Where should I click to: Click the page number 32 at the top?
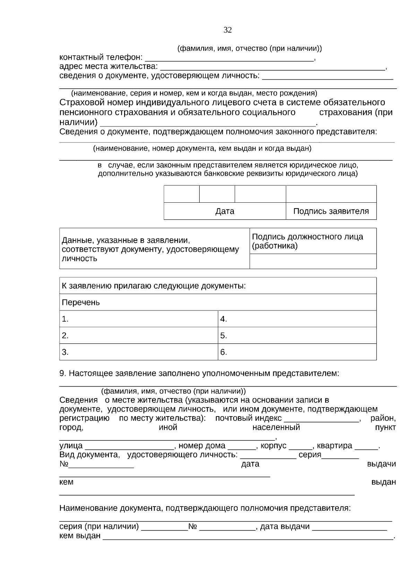point(227,30)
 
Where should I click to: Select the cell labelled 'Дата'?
point(225,211)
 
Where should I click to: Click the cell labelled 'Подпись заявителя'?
point(331,211)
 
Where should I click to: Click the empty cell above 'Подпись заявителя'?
point(331,194)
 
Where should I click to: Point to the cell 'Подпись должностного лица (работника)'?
point(313,241)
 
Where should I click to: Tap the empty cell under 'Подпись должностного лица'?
point(313,261)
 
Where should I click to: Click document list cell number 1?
point(139,319)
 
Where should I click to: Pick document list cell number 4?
point(297,319)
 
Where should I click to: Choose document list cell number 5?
point(297,336)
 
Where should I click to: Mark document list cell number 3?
point(139,352)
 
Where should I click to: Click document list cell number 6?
point(297,352)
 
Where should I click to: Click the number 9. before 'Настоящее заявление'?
point(62,374)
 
